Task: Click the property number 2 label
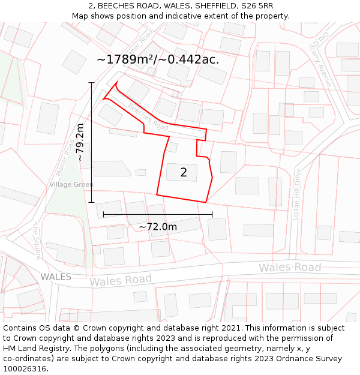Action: coord(184,173)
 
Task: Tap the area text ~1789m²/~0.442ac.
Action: coord(157,59)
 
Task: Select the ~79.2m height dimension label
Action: coord(80,142)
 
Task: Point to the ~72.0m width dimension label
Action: coord(158,227)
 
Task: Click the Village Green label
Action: coord(71,184)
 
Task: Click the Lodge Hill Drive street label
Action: coord(296,194)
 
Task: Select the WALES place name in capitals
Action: coord(56,277)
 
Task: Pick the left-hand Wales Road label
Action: coord(121,280)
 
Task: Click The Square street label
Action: coord(37,241)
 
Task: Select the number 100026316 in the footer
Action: coord(25,369)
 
